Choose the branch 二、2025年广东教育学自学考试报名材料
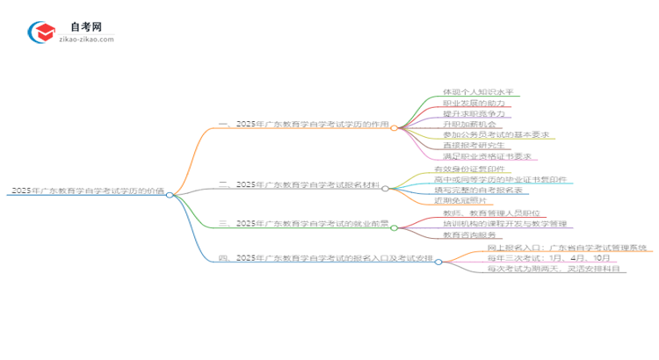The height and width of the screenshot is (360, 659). tap(299, 185)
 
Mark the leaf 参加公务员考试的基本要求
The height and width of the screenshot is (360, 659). tap(496, 135)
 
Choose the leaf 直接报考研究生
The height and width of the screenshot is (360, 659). tap(472, 146)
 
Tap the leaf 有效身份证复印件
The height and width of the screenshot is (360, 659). tap(468, 169)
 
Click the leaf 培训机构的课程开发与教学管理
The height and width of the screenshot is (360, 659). tap(504, 224)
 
